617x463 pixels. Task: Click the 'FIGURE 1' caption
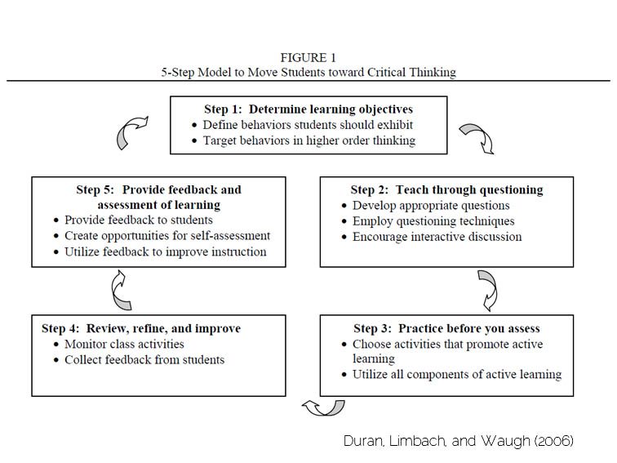[308, 57]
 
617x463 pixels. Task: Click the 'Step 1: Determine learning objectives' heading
[308, 109]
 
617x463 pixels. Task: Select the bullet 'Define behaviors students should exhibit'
[308, 125]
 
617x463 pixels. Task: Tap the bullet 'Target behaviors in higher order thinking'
[309, 140]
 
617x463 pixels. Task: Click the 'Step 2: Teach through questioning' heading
[446, 189]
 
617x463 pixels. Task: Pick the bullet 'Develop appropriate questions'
[431, 206]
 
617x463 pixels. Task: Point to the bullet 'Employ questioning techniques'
[433, 221]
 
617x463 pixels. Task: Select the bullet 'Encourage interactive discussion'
[437, 237]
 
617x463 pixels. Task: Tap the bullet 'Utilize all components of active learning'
[457, 375]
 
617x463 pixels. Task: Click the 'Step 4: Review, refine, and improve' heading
[141, 328]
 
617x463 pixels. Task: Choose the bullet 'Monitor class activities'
[124, 344]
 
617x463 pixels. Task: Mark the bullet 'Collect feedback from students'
[144, 359]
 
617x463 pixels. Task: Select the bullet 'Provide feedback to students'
[139, 220]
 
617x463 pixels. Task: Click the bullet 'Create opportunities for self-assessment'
[167, 236]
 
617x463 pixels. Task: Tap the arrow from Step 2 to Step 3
[486, 287]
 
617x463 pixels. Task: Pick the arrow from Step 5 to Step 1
[132, 132]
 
